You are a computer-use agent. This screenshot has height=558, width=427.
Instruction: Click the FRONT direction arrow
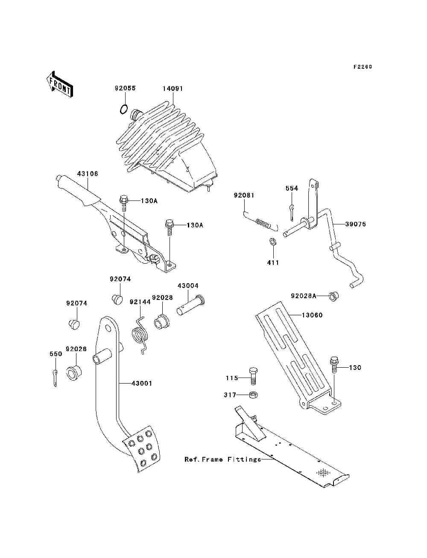tap(60, 84)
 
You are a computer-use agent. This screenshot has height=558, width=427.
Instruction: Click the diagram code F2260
tap(363, 67)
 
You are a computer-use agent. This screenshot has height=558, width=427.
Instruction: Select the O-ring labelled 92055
tap(123, 110)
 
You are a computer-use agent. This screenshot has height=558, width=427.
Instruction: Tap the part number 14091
tap(173, 89)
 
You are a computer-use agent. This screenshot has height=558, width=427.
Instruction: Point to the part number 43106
tap(88, 174)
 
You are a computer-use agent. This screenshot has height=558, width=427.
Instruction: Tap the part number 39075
tap(356, 224)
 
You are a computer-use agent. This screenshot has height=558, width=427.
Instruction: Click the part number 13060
tap(312, 315)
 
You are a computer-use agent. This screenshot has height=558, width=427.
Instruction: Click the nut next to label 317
tap(254, 395)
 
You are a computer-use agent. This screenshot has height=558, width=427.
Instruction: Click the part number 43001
tap(142, 383)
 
